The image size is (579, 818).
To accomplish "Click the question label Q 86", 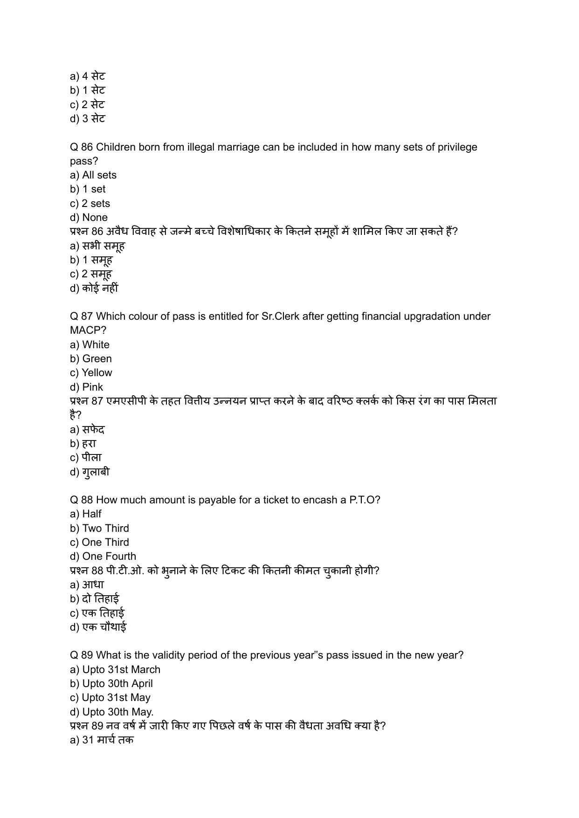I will [81, 147].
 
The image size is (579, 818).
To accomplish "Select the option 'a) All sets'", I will [93, 175].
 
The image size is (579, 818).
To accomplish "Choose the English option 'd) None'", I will [89, 218].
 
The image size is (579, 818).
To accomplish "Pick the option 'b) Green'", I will [91, 359].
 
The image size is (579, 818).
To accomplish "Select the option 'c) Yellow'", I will [91, 373].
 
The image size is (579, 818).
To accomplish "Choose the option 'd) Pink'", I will [86, 387].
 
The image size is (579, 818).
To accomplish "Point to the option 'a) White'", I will [90, 345].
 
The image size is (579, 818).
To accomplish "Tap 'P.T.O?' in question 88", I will [365, 500].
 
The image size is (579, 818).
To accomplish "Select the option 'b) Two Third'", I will [99, 529].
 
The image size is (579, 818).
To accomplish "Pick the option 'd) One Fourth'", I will [103, 557].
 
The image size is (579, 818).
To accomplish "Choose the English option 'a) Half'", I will [85, 514].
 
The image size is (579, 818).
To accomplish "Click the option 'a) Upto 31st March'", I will [115, 670].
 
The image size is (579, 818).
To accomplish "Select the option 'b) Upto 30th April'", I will [111, 684].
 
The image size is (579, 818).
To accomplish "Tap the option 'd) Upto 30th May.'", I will [112, 712].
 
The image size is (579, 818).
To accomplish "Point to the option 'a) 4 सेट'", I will [88, 76].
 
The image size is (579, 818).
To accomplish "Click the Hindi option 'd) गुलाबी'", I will [90, 472].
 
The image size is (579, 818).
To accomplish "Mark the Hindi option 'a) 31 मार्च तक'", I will [102, 740].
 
